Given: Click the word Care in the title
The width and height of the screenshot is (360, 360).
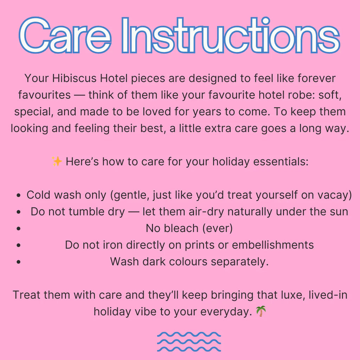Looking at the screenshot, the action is pos(65,35).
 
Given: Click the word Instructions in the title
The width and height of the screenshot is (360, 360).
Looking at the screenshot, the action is pos(231,35).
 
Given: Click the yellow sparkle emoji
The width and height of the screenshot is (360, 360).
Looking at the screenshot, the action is pos(57,161).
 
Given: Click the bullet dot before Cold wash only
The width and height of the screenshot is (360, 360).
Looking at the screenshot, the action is pos(19,195).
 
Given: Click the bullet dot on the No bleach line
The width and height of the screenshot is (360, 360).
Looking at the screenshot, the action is pos(19,229).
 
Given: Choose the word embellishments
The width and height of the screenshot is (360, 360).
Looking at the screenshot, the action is pos(273,245).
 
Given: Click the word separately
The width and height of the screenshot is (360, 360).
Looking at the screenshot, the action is pos(240,262).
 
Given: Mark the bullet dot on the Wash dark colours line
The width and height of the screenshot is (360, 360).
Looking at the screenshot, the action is pos(19,262).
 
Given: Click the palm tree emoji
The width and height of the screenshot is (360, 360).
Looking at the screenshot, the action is pos(261,311).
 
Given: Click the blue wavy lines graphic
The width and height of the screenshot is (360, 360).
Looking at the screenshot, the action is pos(189,342).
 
